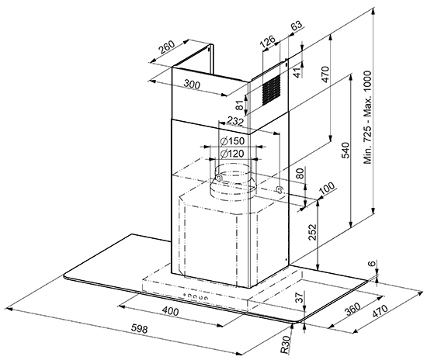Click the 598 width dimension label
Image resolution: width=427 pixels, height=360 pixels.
click(x=139, y=328)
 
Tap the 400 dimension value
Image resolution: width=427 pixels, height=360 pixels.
click(x=170, y=310)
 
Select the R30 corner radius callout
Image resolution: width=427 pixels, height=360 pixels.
click(x=286, y=344)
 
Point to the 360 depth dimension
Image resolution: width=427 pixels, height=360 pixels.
click(x=352, y=308)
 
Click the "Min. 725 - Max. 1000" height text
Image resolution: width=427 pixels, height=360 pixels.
click(x=367, y=117)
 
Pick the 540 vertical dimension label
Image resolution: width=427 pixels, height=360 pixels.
click(x=345, y=150)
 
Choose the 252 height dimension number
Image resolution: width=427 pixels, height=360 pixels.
click(x=312, y=232)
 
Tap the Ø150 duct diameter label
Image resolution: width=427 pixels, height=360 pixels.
click(x=232, y=141)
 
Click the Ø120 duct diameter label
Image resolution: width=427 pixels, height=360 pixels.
click(x=232, y=154)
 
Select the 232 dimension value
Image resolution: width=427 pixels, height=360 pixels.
click(x=235, y=120)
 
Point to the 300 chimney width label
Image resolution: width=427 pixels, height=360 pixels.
click(x=192, y=85)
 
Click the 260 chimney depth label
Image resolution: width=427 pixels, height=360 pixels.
click(x=167, y=47)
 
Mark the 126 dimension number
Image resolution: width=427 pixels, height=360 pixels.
click(x=267, y=42)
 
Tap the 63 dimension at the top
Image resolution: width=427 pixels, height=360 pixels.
click(x=297, y=26)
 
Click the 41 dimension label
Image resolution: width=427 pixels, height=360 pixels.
click(x=299, y=72)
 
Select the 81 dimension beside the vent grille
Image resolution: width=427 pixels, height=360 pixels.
click(x=239, y=105)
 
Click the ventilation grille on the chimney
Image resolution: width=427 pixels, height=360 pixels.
click(x=271, y=90)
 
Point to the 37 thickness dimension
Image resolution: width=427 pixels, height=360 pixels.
click(x=299, y=297)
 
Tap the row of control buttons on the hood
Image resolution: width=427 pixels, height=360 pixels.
click(x=196, y=296)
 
